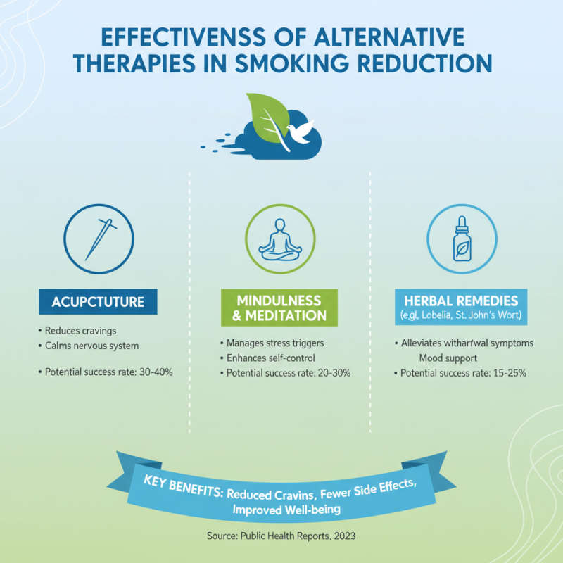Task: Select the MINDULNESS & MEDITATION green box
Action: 281,307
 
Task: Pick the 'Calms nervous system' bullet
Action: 91,345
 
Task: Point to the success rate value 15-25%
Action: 507,372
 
